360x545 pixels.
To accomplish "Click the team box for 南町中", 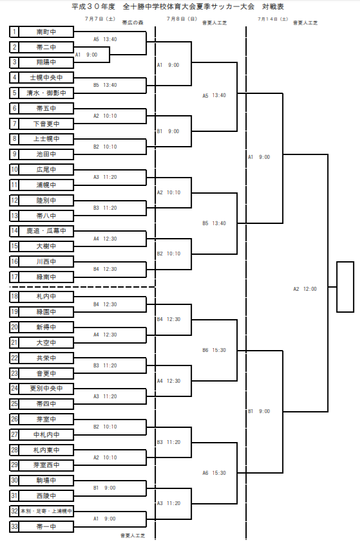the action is pos(46,32).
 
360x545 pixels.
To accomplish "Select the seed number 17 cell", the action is pos(14,277).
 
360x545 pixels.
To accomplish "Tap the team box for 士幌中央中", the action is pos(46,77).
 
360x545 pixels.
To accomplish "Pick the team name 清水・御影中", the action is pos(46,93).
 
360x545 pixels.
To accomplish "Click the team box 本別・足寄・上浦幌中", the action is pos(46,512).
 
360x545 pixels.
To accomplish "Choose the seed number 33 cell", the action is pos(14,526).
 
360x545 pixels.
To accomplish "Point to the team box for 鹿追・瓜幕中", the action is pos(46,231).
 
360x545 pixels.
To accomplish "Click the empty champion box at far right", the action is pos(345,287).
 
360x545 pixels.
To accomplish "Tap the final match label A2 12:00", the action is pos(305,289).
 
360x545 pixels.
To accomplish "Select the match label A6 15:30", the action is pos(214,473).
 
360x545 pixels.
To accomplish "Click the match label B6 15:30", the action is pos(214,350).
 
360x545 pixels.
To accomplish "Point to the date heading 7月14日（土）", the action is pos(273,19).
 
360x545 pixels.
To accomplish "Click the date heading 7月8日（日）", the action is pos(182,19).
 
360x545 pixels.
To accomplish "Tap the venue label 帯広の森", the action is pos(133,23).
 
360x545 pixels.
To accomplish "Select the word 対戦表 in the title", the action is pos(273,6).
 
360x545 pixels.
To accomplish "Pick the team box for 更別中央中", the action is pos(46,389).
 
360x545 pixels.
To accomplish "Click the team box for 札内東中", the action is pos(46,450).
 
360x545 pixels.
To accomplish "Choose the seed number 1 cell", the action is pos(14,32).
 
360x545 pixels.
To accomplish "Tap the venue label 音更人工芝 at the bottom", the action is pos(133,535).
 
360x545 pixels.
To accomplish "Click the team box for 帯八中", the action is pos(46,216).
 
